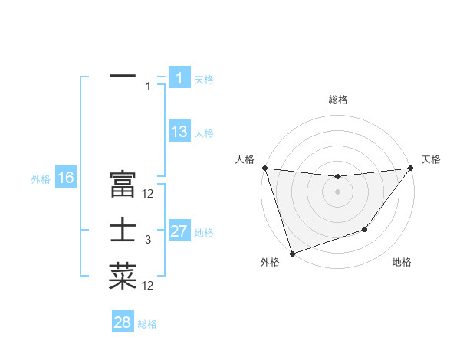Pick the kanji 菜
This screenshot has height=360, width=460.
(x=123, y=276)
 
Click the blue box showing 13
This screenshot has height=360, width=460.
(x=179, y=132)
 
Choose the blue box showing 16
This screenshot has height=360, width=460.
(x=65, y=178)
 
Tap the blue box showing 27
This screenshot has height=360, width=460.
(x=179, y=231)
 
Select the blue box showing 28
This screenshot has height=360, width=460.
(x=123, y=322)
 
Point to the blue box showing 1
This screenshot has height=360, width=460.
(x=179, y=78)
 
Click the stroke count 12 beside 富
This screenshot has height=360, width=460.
(x=148, y=194)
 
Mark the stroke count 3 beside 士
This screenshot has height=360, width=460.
(x=148, y=240)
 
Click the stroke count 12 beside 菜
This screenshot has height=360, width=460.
(x=148, y=286)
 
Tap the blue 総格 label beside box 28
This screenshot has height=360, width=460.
(x=147, y=324)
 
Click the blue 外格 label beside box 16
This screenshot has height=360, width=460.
(x=41, y=179)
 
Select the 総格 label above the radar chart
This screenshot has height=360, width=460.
(x=337, y=100)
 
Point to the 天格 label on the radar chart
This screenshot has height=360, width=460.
(x=431, y=159)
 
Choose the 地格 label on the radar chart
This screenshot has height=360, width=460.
(x=402, y=262)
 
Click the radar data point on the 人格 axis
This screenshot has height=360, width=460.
(x=264, y=168)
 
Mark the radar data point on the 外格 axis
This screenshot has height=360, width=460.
(x=292, y=254)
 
